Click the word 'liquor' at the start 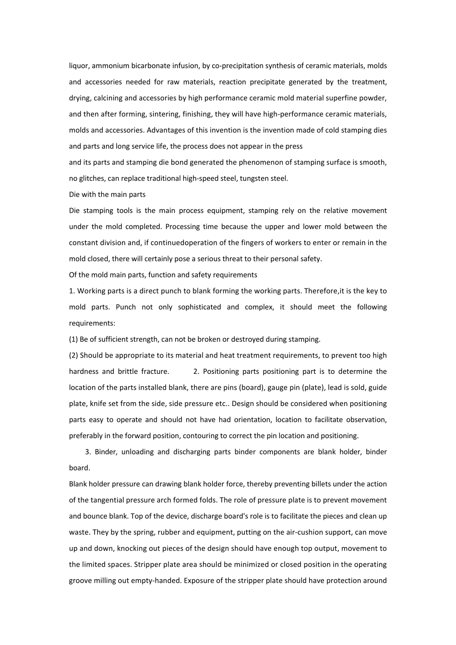(78, 66)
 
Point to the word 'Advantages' (165, 130)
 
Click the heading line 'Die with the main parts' (107, 194)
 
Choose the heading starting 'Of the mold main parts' (163, 275)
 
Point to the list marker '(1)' (73, 339)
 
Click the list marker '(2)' (73, 356)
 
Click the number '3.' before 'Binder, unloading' (88, 452)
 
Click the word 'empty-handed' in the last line (158, 581)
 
